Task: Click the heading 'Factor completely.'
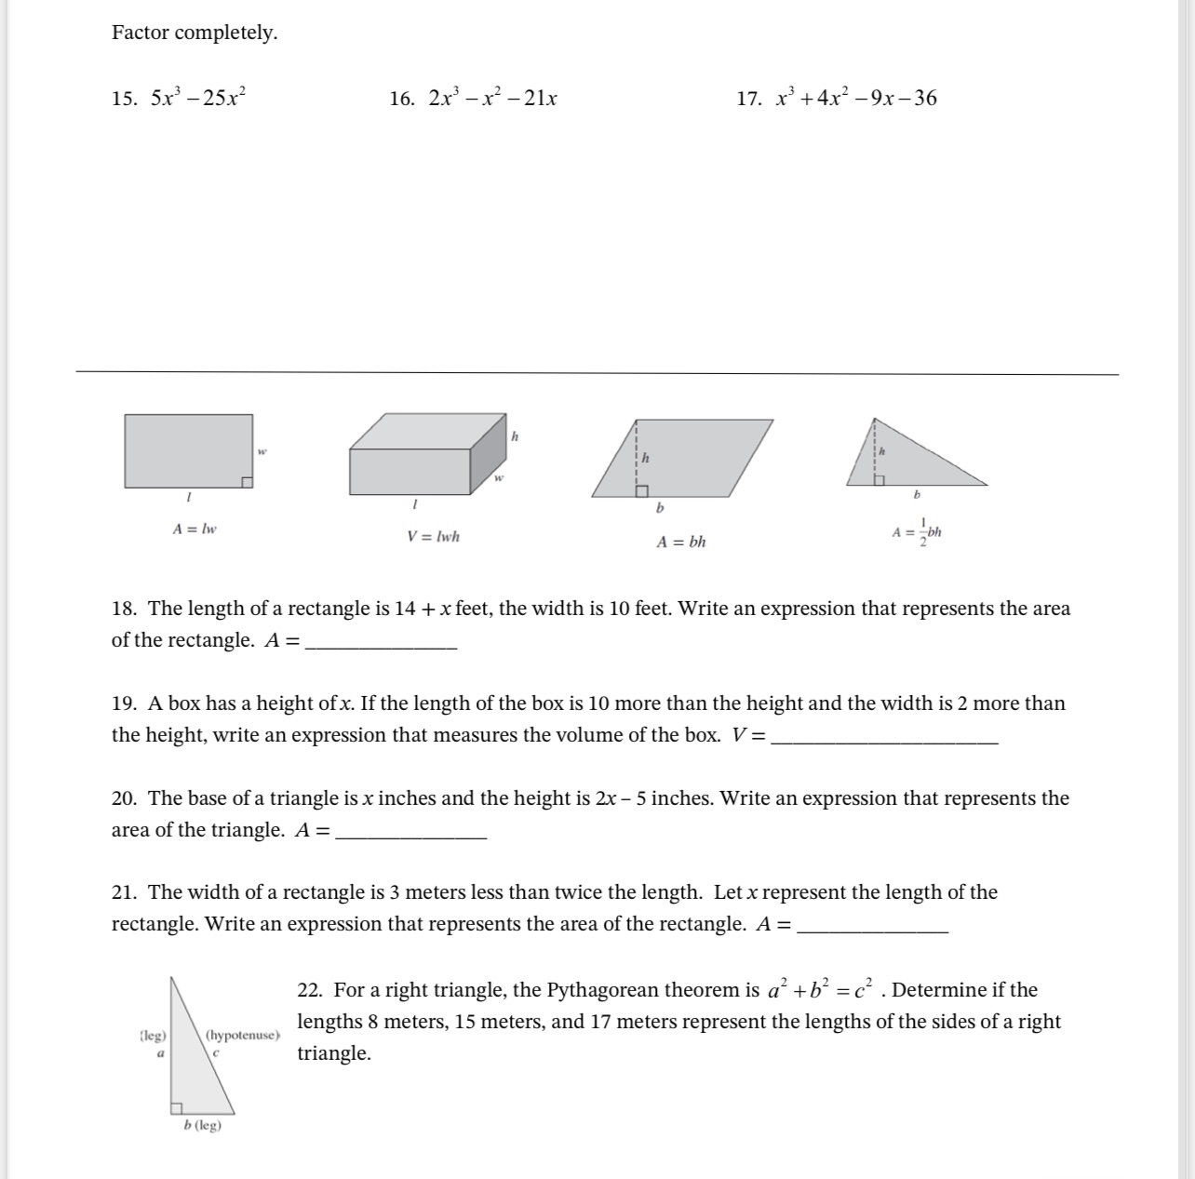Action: (195, 33)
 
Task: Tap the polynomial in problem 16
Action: (492, 98)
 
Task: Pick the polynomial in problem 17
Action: (856, 98)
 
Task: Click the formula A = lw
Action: (195, 529)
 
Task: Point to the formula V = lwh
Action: (433, 537)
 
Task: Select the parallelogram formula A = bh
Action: (681, 542)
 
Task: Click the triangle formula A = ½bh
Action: (917, 532)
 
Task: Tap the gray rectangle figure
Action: (189, 451)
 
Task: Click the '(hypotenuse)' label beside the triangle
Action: (242, 1035)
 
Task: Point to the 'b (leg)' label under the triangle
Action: (203, 1125)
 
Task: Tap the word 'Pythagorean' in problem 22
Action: (606, 990)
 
